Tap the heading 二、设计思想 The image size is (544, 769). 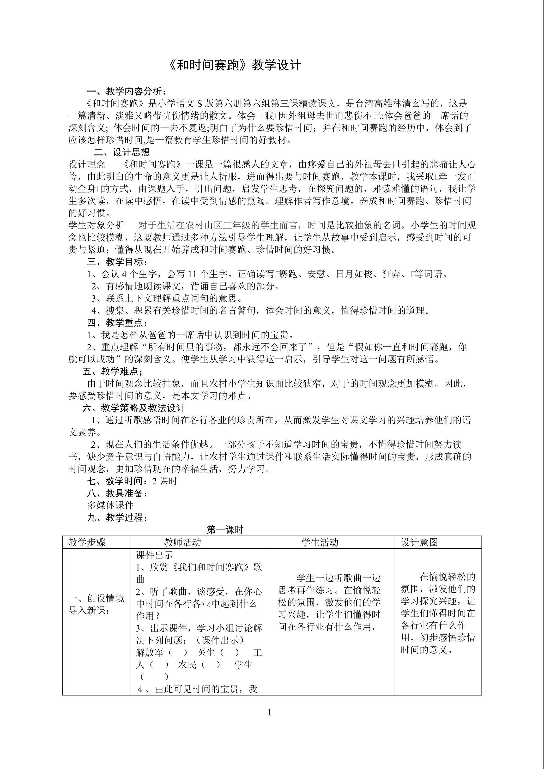click(122, 152)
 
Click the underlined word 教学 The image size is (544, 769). click(359, 177)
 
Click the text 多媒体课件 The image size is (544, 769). click(110, 505)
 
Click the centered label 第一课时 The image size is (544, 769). click(225, 530)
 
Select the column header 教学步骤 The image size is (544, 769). click(87, 543)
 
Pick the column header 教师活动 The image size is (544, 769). click(183, 543)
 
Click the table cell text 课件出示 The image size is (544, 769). click(154, 555)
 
